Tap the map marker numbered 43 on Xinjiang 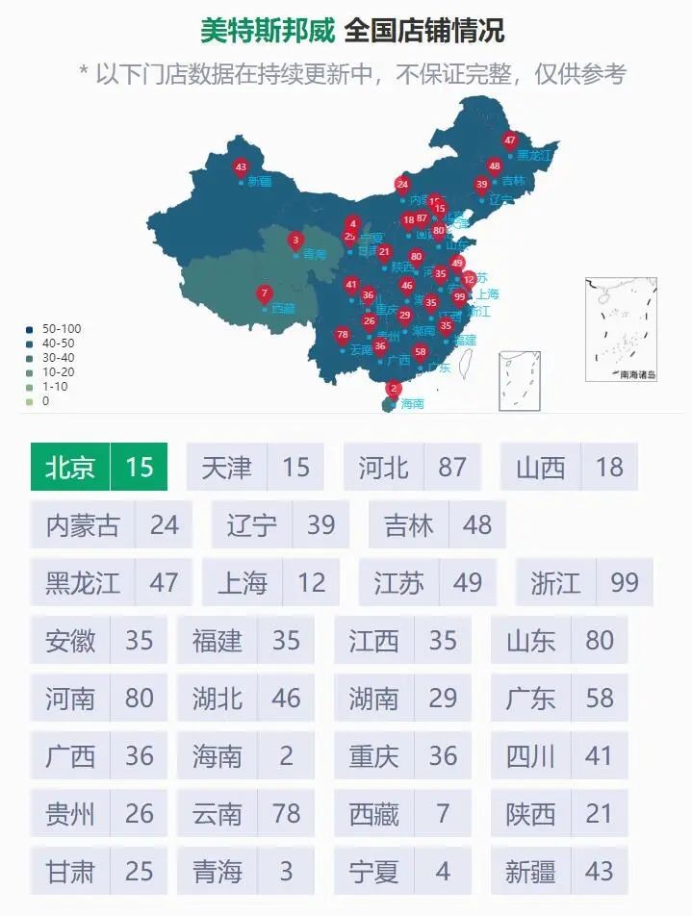[241, 167]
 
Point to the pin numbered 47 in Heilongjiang [510, 140]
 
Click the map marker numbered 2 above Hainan [393, 389]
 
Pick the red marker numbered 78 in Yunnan [342, 335]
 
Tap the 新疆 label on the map [259, 180]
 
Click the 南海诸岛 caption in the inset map [637, 374]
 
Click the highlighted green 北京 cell [71, 468]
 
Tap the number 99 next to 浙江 [624, 583]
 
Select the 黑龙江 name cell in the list [83, 583]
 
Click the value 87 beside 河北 [452, 468]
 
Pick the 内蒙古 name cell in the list [83, 524]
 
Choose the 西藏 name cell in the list [373, 814]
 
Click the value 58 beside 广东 [599, 698]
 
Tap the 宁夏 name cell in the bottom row [373, 872]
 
